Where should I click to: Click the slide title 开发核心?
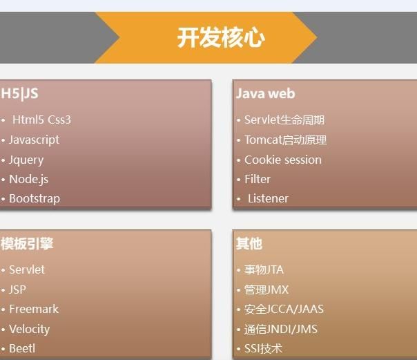221,37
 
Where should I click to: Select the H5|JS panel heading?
19,94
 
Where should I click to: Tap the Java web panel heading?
265,94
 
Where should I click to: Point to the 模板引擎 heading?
27,243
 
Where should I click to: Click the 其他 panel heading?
249,243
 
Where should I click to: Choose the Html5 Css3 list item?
41,120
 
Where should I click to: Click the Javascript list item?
34,140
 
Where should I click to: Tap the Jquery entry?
26,160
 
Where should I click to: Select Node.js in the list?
29,179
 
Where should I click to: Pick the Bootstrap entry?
35,199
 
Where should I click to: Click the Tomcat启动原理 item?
285,140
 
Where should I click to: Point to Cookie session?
283,160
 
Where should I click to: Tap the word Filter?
258,179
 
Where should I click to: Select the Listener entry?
268,199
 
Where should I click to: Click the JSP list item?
17,290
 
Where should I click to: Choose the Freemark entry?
34,309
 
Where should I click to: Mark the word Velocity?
29,329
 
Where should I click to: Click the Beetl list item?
22,348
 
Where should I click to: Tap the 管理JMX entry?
266,290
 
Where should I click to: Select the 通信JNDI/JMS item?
281,329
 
